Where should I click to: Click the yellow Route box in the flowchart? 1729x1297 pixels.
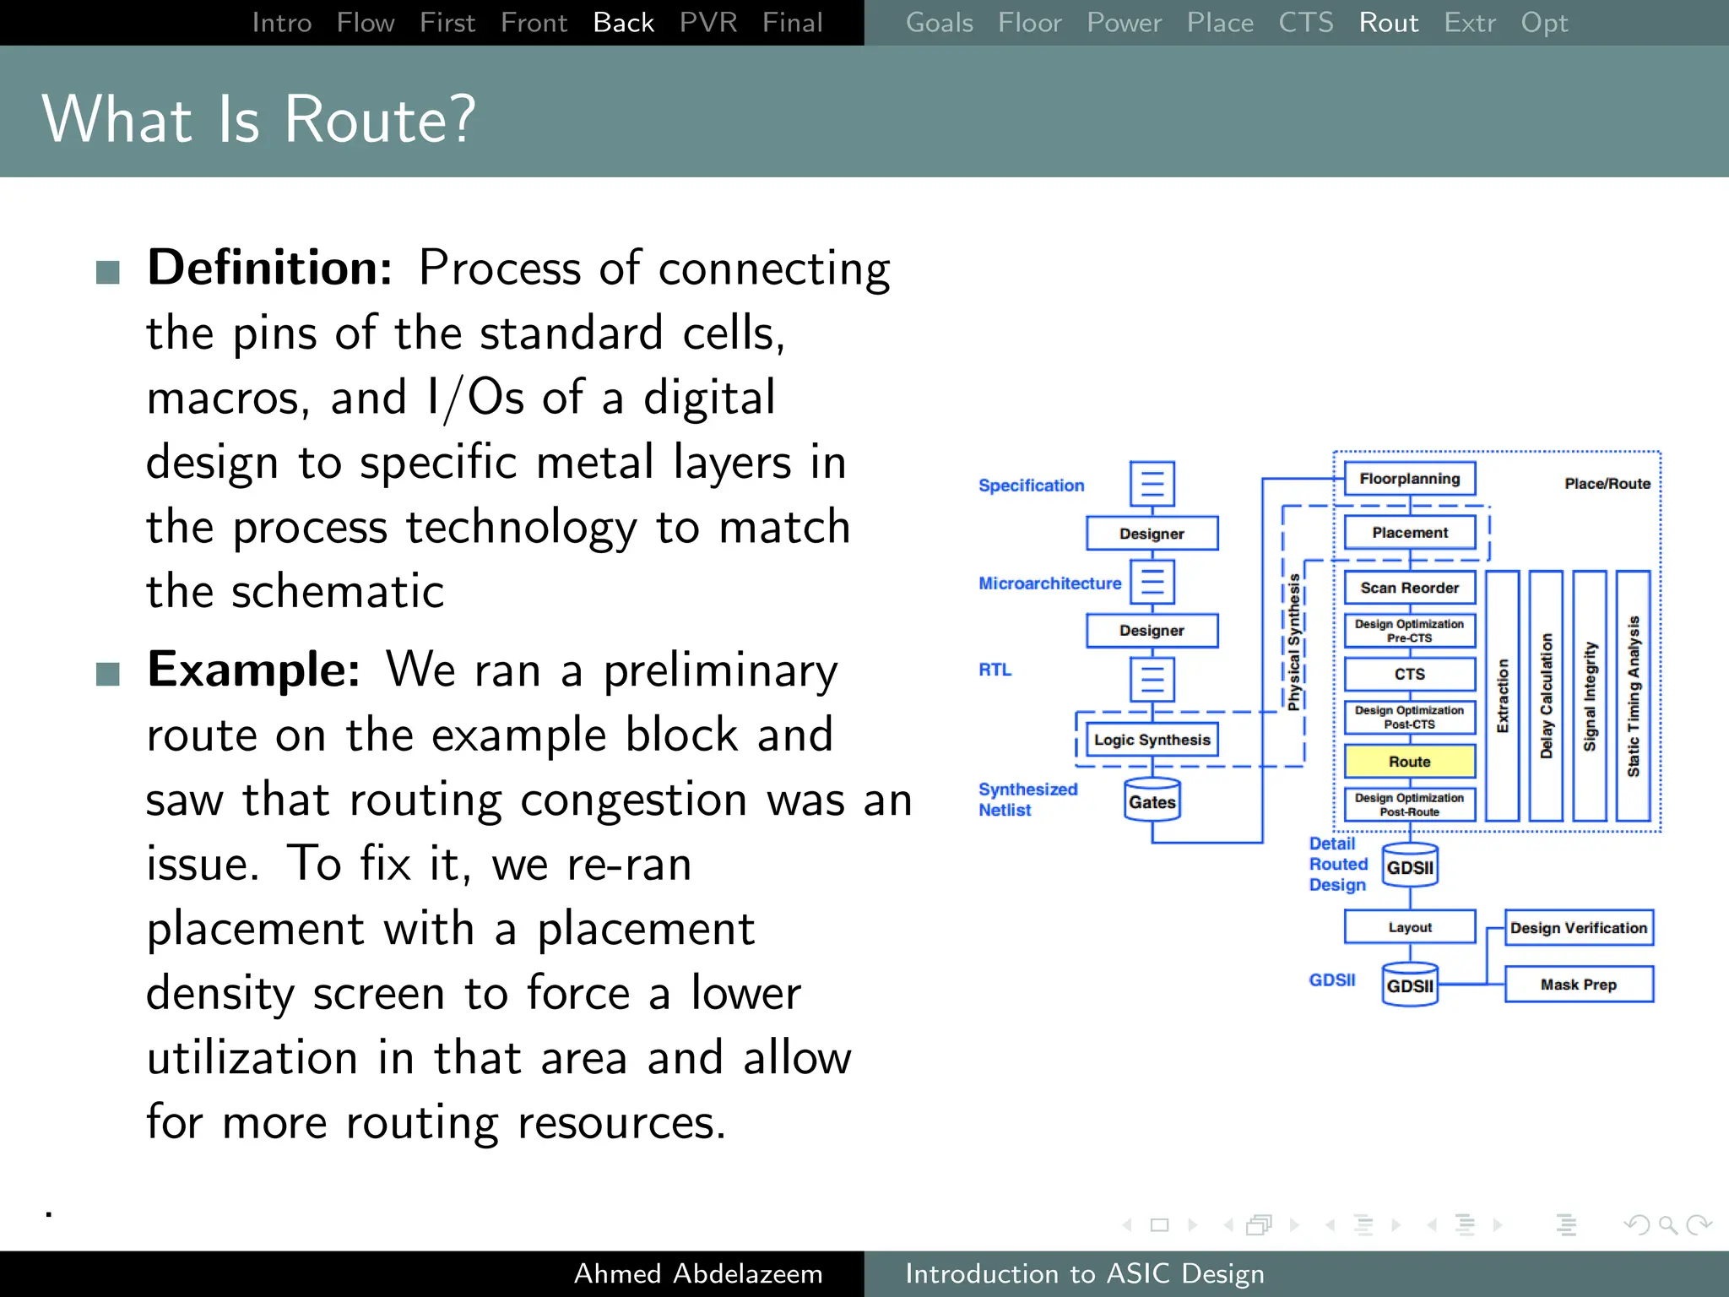click(1409, 761)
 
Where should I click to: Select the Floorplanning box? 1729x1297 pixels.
click(1409, 479)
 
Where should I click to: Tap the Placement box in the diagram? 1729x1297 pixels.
click(1409, 533)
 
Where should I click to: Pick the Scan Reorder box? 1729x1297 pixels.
click(1409, 588)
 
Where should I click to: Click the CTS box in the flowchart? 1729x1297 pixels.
click(1409, 674)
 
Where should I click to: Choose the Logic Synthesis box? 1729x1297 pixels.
click(1152, 740)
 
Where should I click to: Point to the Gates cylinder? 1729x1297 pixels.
click(1152, 800)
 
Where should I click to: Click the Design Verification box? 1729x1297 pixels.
click(1578, 928)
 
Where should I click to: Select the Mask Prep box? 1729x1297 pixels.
click(1578, 985)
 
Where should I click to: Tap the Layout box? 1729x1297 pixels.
click(1409, 927)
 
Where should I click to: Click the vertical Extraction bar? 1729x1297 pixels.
click(1502, 696)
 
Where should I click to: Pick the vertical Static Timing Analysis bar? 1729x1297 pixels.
click(1633, 696)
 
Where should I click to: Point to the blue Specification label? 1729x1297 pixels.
click(1031, 486)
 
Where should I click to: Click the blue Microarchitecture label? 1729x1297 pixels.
click(1049, 583)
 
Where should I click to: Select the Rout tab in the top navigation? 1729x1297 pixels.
click(1388, 23)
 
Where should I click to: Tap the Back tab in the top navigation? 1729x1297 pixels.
click(623, 23)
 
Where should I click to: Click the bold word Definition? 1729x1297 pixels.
click(269, 268)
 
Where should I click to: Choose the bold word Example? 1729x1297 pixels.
click(253, 670)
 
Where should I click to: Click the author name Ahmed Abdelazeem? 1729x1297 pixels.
click(697, 1273)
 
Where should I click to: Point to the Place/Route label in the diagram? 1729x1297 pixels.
click(1607, 484)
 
